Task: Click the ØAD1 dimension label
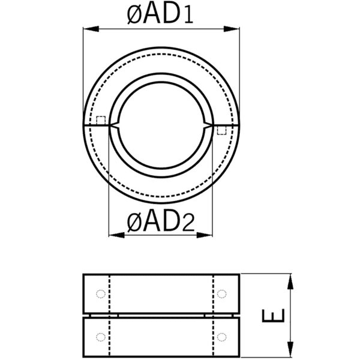[x=160, y=14]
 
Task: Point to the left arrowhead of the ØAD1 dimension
[x=87, y=28]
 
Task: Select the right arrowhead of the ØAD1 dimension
[x=235, y=28]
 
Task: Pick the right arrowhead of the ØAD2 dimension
[x=209, y=235]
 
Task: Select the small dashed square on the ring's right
[x=222, y=130]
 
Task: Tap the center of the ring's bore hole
[x=161, y=125]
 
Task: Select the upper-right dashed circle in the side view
[x=222, y=293]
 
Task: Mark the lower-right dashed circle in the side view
[x=222, y=336]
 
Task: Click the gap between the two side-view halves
[x=161, y=314]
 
